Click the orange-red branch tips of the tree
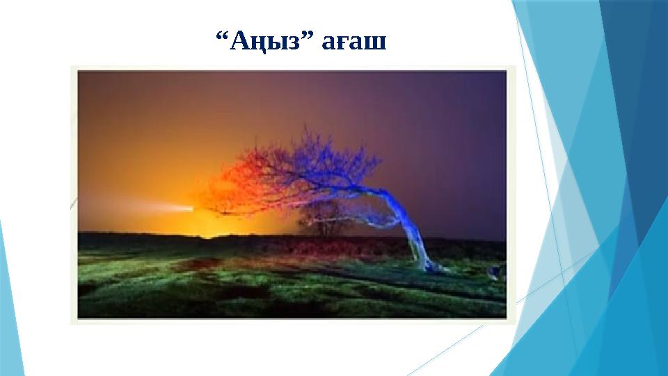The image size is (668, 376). pyautogui.click(x=223, y=188)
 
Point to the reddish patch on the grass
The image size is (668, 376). pyautogui.click(x=195, y=265)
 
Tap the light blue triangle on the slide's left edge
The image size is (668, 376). pyautogui.click(x=10, y=292)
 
